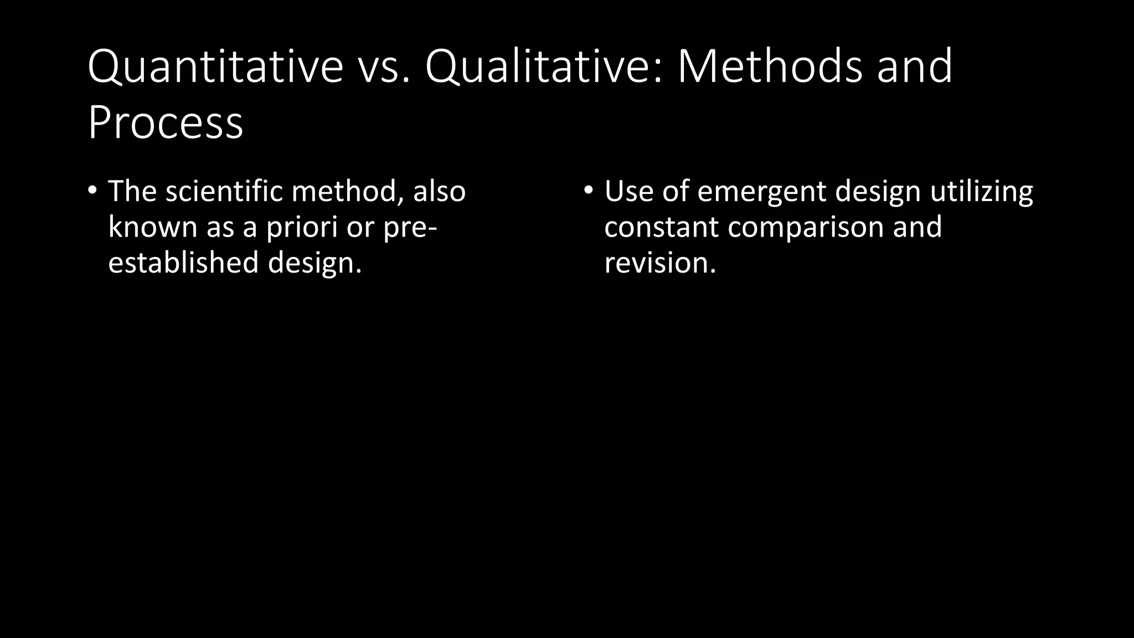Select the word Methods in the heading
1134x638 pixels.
pyautogui.click(x=770, y=67)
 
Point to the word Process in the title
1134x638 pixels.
pyautogui.click(x=165, y=122)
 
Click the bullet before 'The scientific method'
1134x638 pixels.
pyautogui.click(x=92, y=190)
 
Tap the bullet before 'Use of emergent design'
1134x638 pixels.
pyautogui.click(x=588, y=190)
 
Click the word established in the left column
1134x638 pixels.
pyautogui.click(x=183, y=262)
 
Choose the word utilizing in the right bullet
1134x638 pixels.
pyautogui.click(x=981, y=192)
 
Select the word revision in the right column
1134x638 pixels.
pyautogui.click(x=659, y=262)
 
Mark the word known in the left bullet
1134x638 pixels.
pyautogui.click(x=152, y=227)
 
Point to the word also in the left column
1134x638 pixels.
pyautogui.click(x=439, y=191)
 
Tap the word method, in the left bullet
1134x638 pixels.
pyautogui.click(x=348, y=191)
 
